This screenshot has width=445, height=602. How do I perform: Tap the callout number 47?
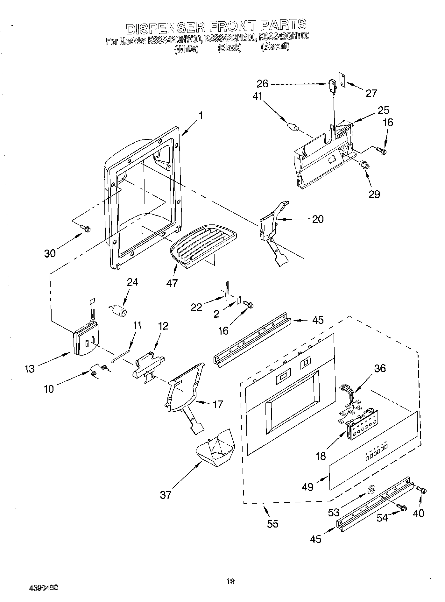[x=172, y=283]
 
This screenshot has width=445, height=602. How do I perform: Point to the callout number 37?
[x=166, y=494]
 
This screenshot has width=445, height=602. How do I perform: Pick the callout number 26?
[x=263, y=84]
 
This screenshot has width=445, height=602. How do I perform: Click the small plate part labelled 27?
[x=343, y=79]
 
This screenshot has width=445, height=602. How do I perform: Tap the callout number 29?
[x=374, y=194]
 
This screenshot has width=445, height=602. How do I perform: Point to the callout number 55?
[x=273, y=524]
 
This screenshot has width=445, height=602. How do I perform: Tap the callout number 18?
[x=321, y=456]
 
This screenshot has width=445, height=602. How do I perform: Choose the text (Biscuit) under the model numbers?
[x=275, y=47]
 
